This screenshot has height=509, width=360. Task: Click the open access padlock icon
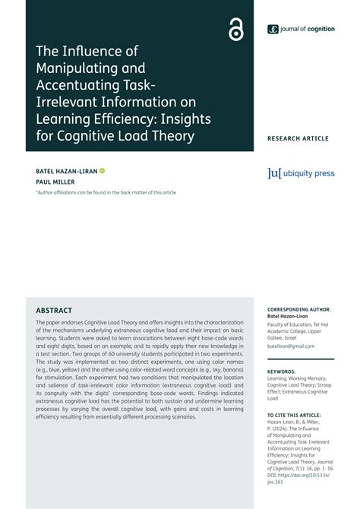pos(235,30)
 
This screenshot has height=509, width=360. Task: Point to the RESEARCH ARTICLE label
pos(298,138)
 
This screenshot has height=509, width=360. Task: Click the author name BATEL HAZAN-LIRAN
pos(66,171)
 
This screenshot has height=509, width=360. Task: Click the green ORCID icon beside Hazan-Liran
pos(103,171)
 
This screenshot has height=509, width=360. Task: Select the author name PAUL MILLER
pos(55,182)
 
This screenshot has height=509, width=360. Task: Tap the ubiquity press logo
pos(301,174)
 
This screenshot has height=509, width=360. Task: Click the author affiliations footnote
pos(106,192)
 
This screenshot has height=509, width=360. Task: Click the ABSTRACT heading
pos(54,311)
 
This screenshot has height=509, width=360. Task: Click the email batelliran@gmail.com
pos(291,346)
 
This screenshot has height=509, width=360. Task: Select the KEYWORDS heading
pos(282,371)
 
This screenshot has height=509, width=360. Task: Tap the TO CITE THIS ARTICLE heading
pos(293,416)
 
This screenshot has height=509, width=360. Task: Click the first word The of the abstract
pos(41,323)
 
